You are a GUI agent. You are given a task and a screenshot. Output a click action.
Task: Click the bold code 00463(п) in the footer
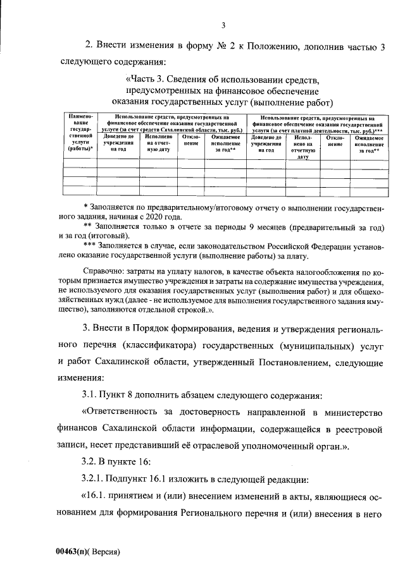click(72, 551)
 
